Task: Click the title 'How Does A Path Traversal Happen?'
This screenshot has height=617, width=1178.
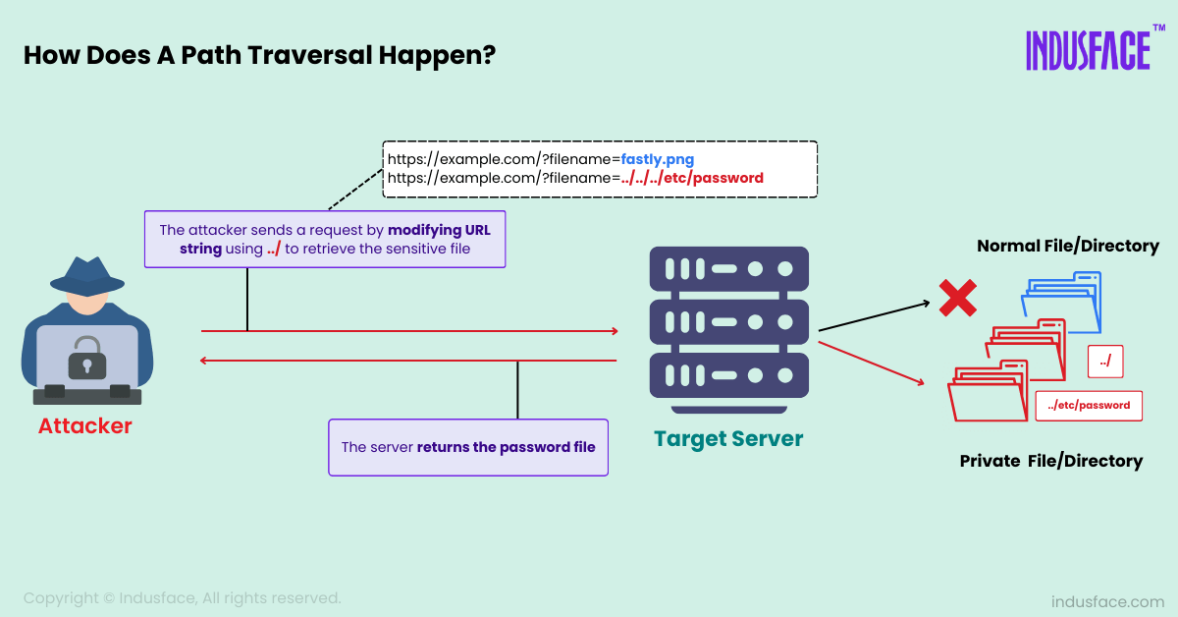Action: pyautogui.click(x=259, y=55)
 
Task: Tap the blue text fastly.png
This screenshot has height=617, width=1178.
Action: pyautogui.click(x=657, y=158)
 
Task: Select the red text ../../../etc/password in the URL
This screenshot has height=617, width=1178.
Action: pyautogui.click(x=691, y=179)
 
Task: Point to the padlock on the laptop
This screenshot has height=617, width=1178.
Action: pyautogui.click(x=86, y=359)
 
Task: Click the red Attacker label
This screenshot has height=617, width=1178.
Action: pyautogui.click(x=84, y=426)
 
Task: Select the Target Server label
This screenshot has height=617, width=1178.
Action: pyautogui.click(x=728, y=438)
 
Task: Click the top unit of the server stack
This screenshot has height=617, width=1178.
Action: pyautogui.click(x=728, y=268)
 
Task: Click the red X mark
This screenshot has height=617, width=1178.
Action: pyautogui.click(x=956, y=298)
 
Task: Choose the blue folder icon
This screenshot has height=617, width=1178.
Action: pyautogui.click(x=1065, y=300)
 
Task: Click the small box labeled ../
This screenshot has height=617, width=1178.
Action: pyautogui.click(x=1105, y=362)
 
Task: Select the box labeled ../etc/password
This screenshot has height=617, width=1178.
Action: pyautogui.click(x=1089, y=405)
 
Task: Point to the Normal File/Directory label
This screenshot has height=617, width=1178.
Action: pyautogui.click(x=1067, y=246)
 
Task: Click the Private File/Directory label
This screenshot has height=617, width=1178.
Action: pyautogui.click(x=1050, y=461)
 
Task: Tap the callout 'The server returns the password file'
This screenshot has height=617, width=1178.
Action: pyautogui.click(x=468, y=447)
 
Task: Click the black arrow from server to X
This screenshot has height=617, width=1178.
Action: pyautogui.click(x=873, y=316)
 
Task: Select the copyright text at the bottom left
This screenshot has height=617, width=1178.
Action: pyautogui.click(x=183, y=597)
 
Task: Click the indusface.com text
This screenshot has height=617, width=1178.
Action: pyautogui.click(x=1107, y=601)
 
